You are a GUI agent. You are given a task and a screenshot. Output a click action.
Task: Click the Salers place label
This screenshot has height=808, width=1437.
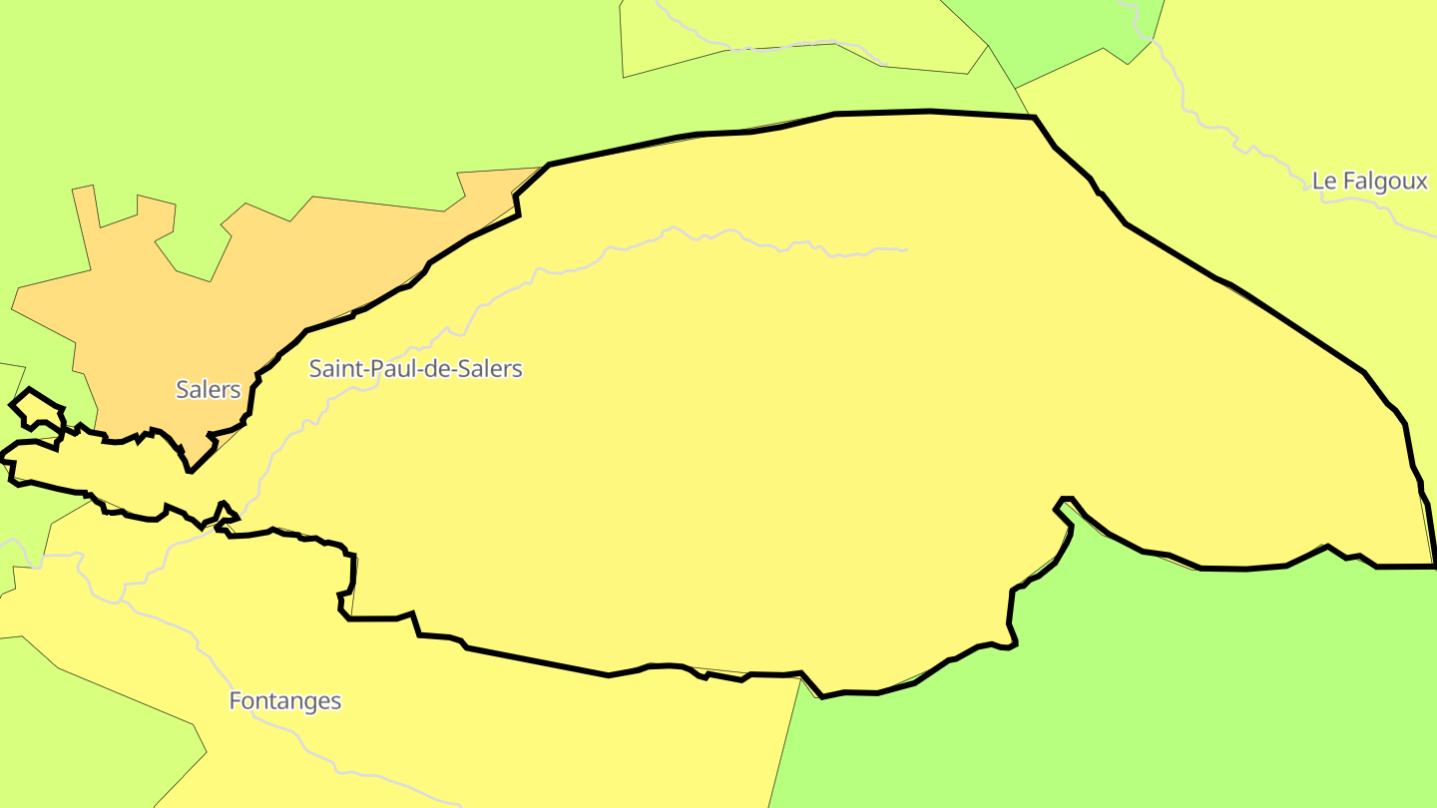208,389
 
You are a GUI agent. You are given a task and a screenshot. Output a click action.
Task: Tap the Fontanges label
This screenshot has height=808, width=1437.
284,701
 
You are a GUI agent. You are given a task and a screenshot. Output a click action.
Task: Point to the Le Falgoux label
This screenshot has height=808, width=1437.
1369,182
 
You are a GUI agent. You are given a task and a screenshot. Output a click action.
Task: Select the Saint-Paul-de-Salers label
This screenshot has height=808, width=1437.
415,368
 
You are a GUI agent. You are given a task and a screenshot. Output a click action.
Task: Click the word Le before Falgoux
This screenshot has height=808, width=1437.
1323,182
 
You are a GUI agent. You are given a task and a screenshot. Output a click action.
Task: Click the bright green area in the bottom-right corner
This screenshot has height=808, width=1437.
1148,698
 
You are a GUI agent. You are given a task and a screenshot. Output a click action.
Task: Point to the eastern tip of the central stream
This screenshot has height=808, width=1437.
904,249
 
